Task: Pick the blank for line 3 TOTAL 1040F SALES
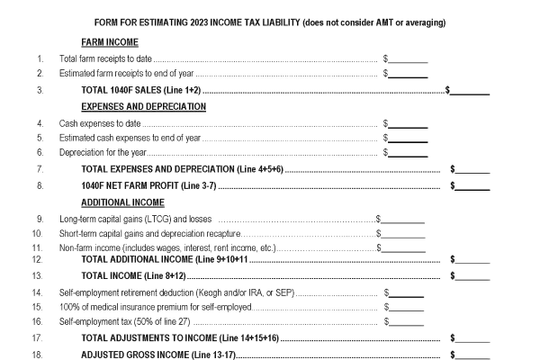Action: (471, 91)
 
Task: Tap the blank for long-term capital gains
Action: (403, 219)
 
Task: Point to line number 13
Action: (38, 275)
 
